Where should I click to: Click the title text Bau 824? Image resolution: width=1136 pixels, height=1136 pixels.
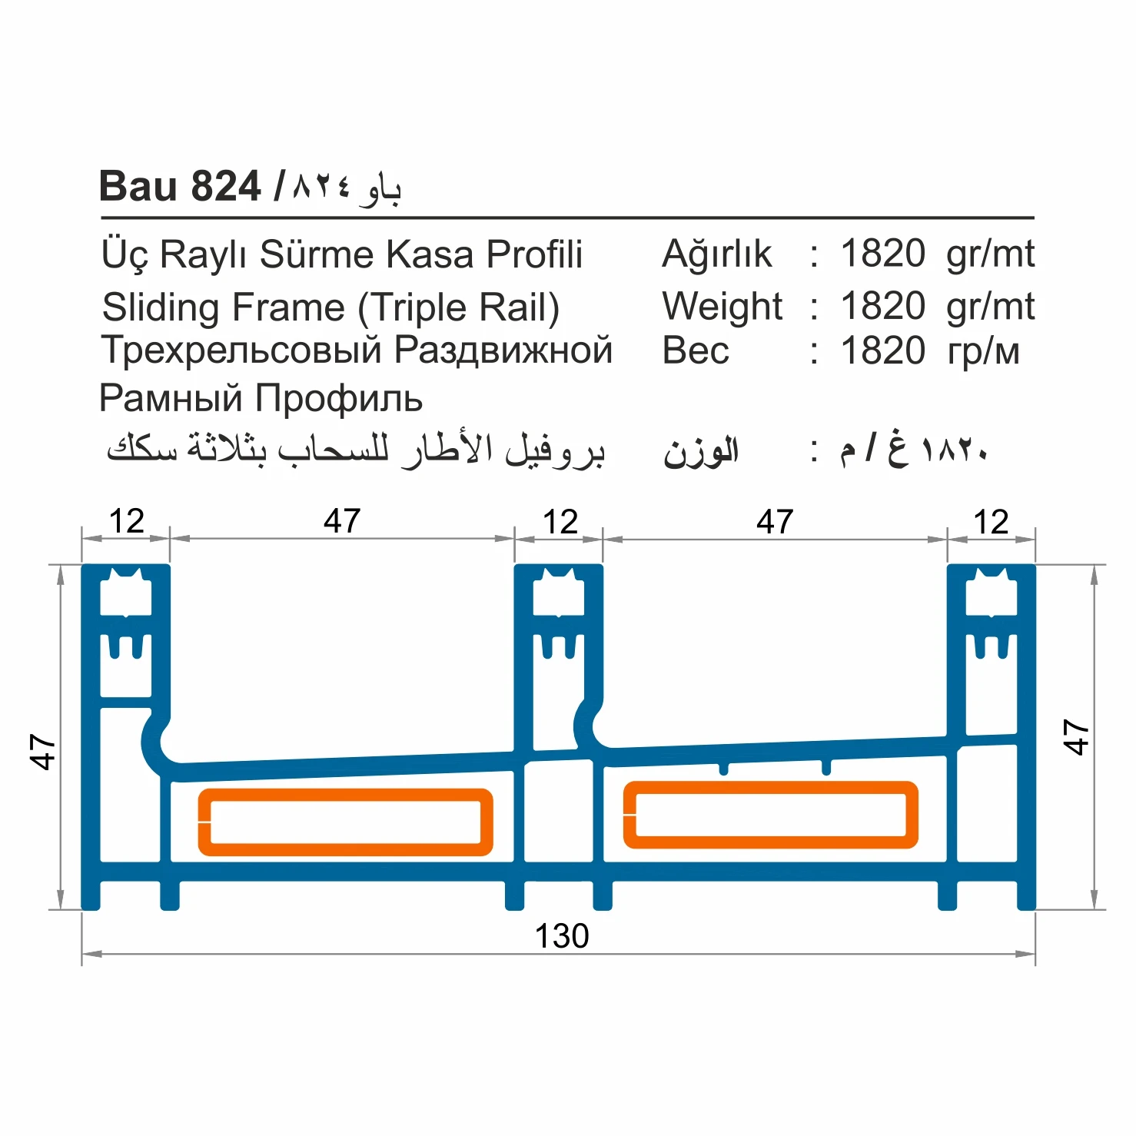[180, 187]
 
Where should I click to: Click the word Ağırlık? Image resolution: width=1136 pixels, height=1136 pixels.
[716, 254]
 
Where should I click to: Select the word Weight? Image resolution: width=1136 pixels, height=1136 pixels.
[722, 307]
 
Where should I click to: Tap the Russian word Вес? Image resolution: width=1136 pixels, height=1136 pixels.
[696, 351]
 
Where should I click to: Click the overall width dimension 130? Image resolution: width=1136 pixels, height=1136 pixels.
[561, 936]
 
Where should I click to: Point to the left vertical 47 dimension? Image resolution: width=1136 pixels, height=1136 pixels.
[43, 752]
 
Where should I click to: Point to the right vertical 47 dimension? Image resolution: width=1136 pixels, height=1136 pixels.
[1075, 737]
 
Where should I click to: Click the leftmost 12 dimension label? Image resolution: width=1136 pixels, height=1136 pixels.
[126, 522]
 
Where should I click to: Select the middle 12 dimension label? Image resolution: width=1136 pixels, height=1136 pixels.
[560, 523]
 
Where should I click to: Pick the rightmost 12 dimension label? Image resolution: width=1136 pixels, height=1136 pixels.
[990, 523]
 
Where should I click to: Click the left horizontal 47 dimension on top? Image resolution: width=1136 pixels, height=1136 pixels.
[341, 522]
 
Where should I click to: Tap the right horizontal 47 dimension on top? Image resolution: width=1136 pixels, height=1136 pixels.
[774, 523]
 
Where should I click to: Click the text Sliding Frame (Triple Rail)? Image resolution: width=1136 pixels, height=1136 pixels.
[331, 307]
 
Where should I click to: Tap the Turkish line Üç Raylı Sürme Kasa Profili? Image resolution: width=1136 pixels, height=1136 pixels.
[342, 254]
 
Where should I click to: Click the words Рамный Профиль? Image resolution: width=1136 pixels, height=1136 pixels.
[261, 398]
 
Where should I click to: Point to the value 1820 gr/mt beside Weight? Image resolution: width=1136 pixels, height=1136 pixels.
[937, 307]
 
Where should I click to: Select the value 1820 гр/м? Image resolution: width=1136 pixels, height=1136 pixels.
[929, 351]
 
